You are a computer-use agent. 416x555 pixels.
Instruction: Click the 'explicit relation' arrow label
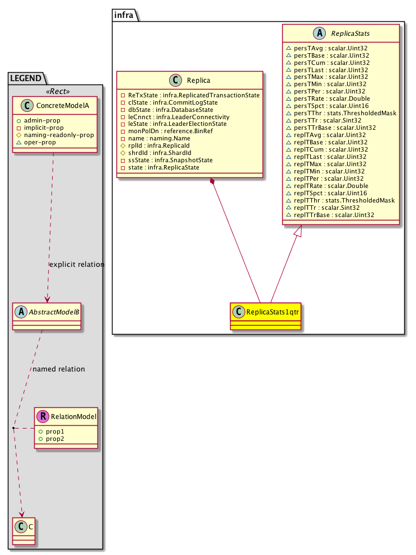tap(77, 264)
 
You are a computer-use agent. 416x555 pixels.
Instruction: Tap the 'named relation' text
tap(59, 369)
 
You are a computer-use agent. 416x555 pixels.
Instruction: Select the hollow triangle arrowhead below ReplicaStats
tap(301, 229)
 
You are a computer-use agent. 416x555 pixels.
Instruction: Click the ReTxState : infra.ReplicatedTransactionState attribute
tap(190, 96)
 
